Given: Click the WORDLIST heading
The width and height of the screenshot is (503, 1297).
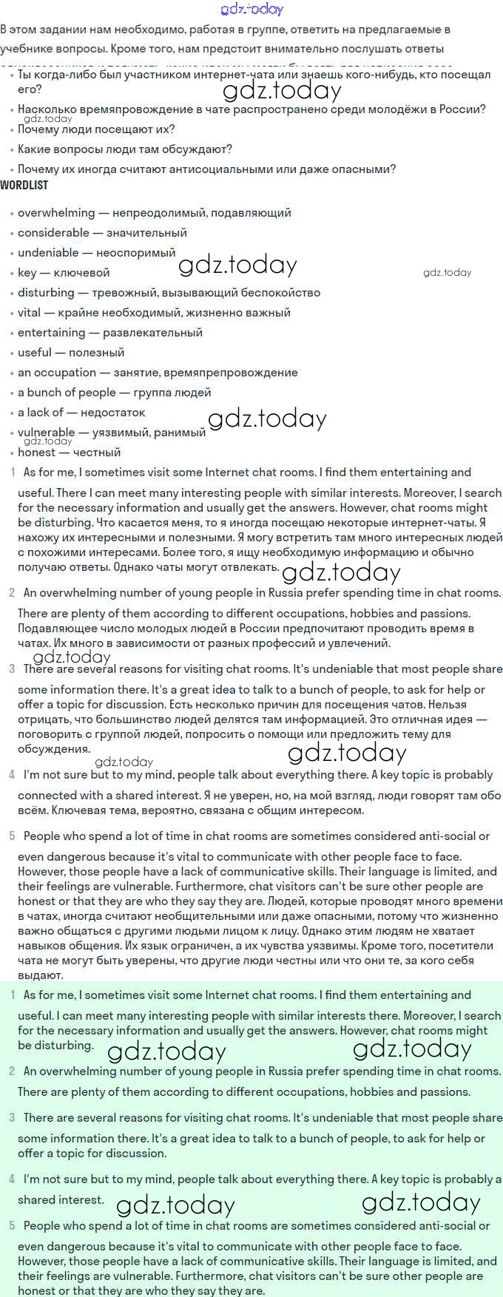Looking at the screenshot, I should (24, 185).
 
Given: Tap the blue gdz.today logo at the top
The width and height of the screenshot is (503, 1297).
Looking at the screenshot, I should (251, 10).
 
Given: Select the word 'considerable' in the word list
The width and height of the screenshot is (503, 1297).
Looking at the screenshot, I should (53, 233).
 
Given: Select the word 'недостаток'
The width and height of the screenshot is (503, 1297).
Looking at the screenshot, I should (112, 413).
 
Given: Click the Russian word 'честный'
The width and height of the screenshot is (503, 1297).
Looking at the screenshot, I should (97, 453).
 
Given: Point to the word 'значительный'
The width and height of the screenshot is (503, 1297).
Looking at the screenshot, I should (146, 233).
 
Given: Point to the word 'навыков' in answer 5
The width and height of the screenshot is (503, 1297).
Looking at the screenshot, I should (41, 946).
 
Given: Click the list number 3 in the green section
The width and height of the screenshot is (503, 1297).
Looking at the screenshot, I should (12, 1118).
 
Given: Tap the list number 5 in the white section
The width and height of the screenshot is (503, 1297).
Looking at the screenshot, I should (12, 836).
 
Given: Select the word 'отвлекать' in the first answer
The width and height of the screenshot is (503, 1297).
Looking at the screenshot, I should (249, 566).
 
